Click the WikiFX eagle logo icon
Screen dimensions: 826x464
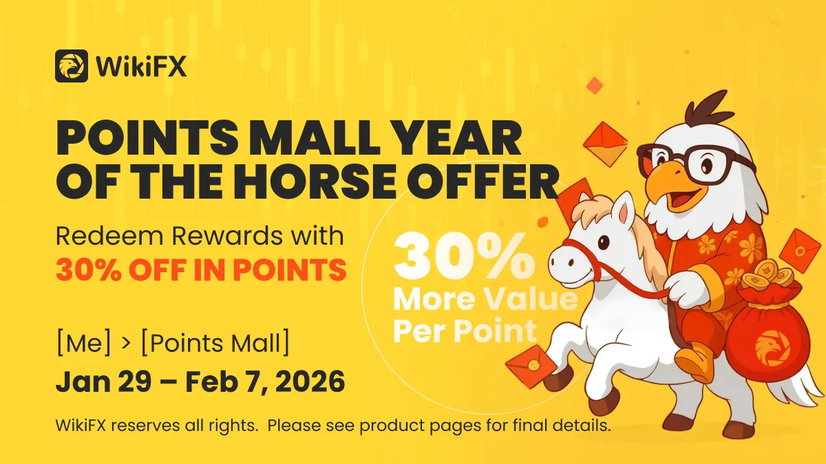[x=72, y=66]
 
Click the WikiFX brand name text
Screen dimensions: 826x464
[x=141, y=66]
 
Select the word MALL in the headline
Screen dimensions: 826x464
[x=317, y=137]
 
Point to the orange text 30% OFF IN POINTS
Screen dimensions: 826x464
[x=201, y=270]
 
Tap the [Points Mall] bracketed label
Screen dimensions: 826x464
[x=215, y=343]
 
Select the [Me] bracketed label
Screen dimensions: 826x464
[x=84, y=343]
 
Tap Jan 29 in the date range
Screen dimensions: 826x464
[x=104, y=381]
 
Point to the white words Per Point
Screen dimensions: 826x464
[x=465, y=331]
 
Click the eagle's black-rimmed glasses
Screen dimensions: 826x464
[x=697, y=163]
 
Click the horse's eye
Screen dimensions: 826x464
[x=603, y=242]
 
